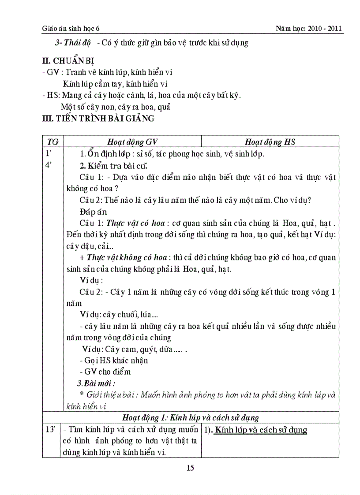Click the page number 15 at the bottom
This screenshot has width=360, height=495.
(x=190, y=468)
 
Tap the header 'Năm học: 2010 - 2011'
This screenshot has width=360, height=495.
(x=309, y=29)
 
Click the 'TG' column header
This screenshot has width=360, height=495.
(x=53, y=141)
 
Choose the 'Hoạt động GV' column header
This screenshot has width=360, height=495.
(x=132, y=141)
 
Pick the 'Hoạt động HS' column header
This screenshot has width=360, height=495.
(x=270, y=141)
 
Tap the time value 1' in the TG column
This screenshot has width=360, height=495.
(x=49, y=154)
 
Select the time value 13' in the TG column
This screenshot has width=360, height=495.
(x=50, y=429)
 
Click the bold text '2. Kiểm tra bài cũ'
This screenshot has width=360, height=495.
(x=113, y=166)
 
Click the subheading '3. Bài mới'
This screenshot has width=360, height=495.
(x=96, y=383)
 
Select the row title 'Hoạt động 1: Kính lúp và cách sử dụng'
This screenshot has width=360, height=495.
(x=190, y=417)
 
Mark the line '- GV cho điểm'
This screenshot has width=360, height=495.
(x=105, y=372)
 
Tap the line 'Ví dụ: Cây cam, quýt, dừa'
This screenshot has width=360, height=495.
(x=132, y=349)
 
